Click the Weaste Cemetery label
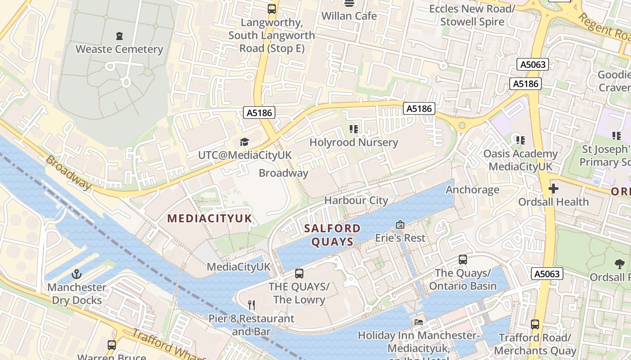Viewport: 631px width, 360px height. click(119, 49)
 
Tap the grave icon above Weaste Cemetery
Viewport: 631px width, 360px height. click(119, 36)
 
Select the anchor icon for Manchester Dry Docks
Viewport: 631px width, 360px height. click(77, 274)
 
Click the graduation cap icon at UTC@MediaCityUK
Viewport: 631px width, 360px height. click(244, 142)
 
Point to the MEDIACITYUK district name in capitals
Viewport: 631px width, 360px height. click(210, 219)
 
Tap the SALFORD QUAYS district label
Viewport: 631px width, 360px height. click(333, 235)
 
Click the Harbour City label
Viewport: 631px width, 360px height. click(356, 200)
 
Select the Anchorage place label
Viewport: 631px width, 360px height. click(472, 189)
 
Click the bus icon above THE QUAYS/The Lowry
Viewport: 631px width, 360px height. click(299, 273)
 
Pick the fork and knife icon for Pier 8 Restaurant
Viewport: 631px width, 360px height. click(251, 305)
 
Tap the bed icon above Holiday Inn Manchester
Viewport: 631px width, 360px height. click(419, 322)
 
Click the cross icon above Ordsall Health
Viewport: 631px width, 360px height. click(553, 189)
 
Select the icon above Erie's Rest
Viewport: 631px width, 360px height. click(400, 225)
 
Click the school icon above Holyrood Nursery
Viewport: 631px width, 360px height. click(354, 129)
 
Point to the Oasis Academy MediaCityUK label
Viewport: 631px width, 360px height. click(520, 160)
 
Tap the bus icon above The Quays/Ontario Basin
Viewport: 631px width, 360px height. click(462, 260)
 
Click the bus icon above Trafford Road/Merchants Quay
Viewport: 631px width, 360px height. click(535, 324)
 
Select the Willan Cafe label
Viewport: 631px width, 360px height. click(349, 16)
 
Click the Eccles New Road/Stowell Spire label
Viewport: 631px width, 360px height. click(472, 15)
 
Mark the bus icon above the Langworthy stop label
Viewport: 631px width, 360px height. click(271, 9)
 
